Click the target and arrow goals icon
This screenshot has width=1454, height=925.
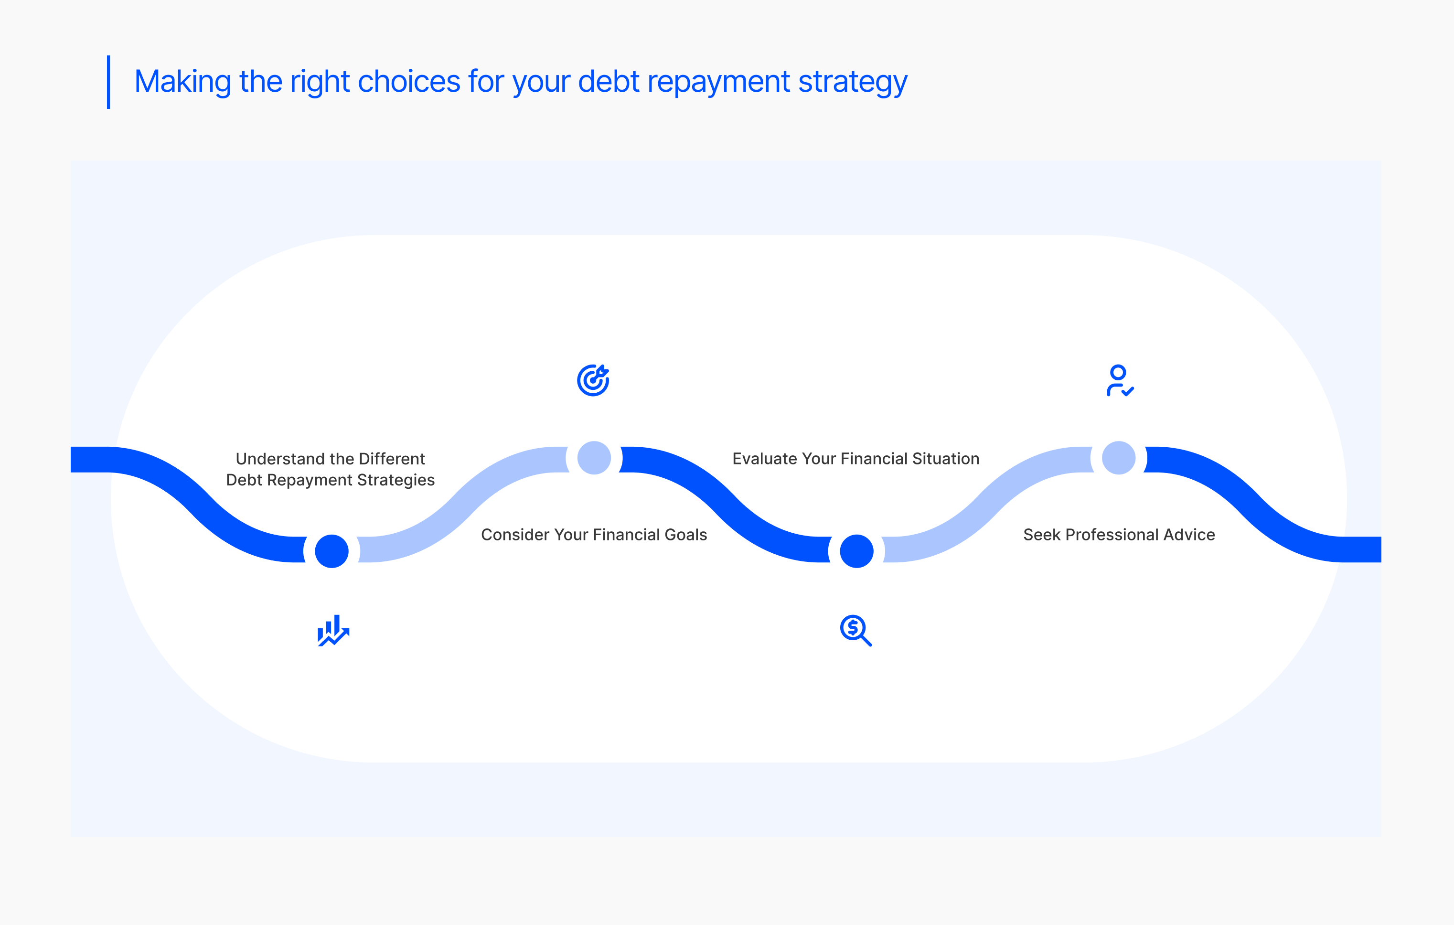(x=593, y=380)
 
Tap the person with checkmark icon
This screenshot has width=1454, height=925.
(x=1120, y=380)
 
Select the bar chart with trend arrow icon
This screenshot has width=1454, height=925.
(x=333, y=630)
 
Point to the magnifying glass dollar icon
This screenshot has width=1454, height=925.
(x=855, y=630)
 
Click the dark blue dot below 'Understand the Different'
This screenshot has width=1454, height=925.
(x=331, y=551)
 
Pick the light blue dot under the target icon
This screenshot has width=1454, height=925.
(x=594, y=458)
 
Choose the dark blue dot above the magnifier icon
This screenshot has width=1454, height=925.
(x=856, y=551)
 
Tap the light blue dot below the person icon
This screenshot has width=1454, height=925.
(x=1119, y=458)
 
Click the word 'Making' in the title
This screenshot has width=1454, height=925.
(x=183, y=82)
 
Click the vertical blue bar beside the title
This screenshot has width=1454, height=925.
(x=109, y=82)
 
